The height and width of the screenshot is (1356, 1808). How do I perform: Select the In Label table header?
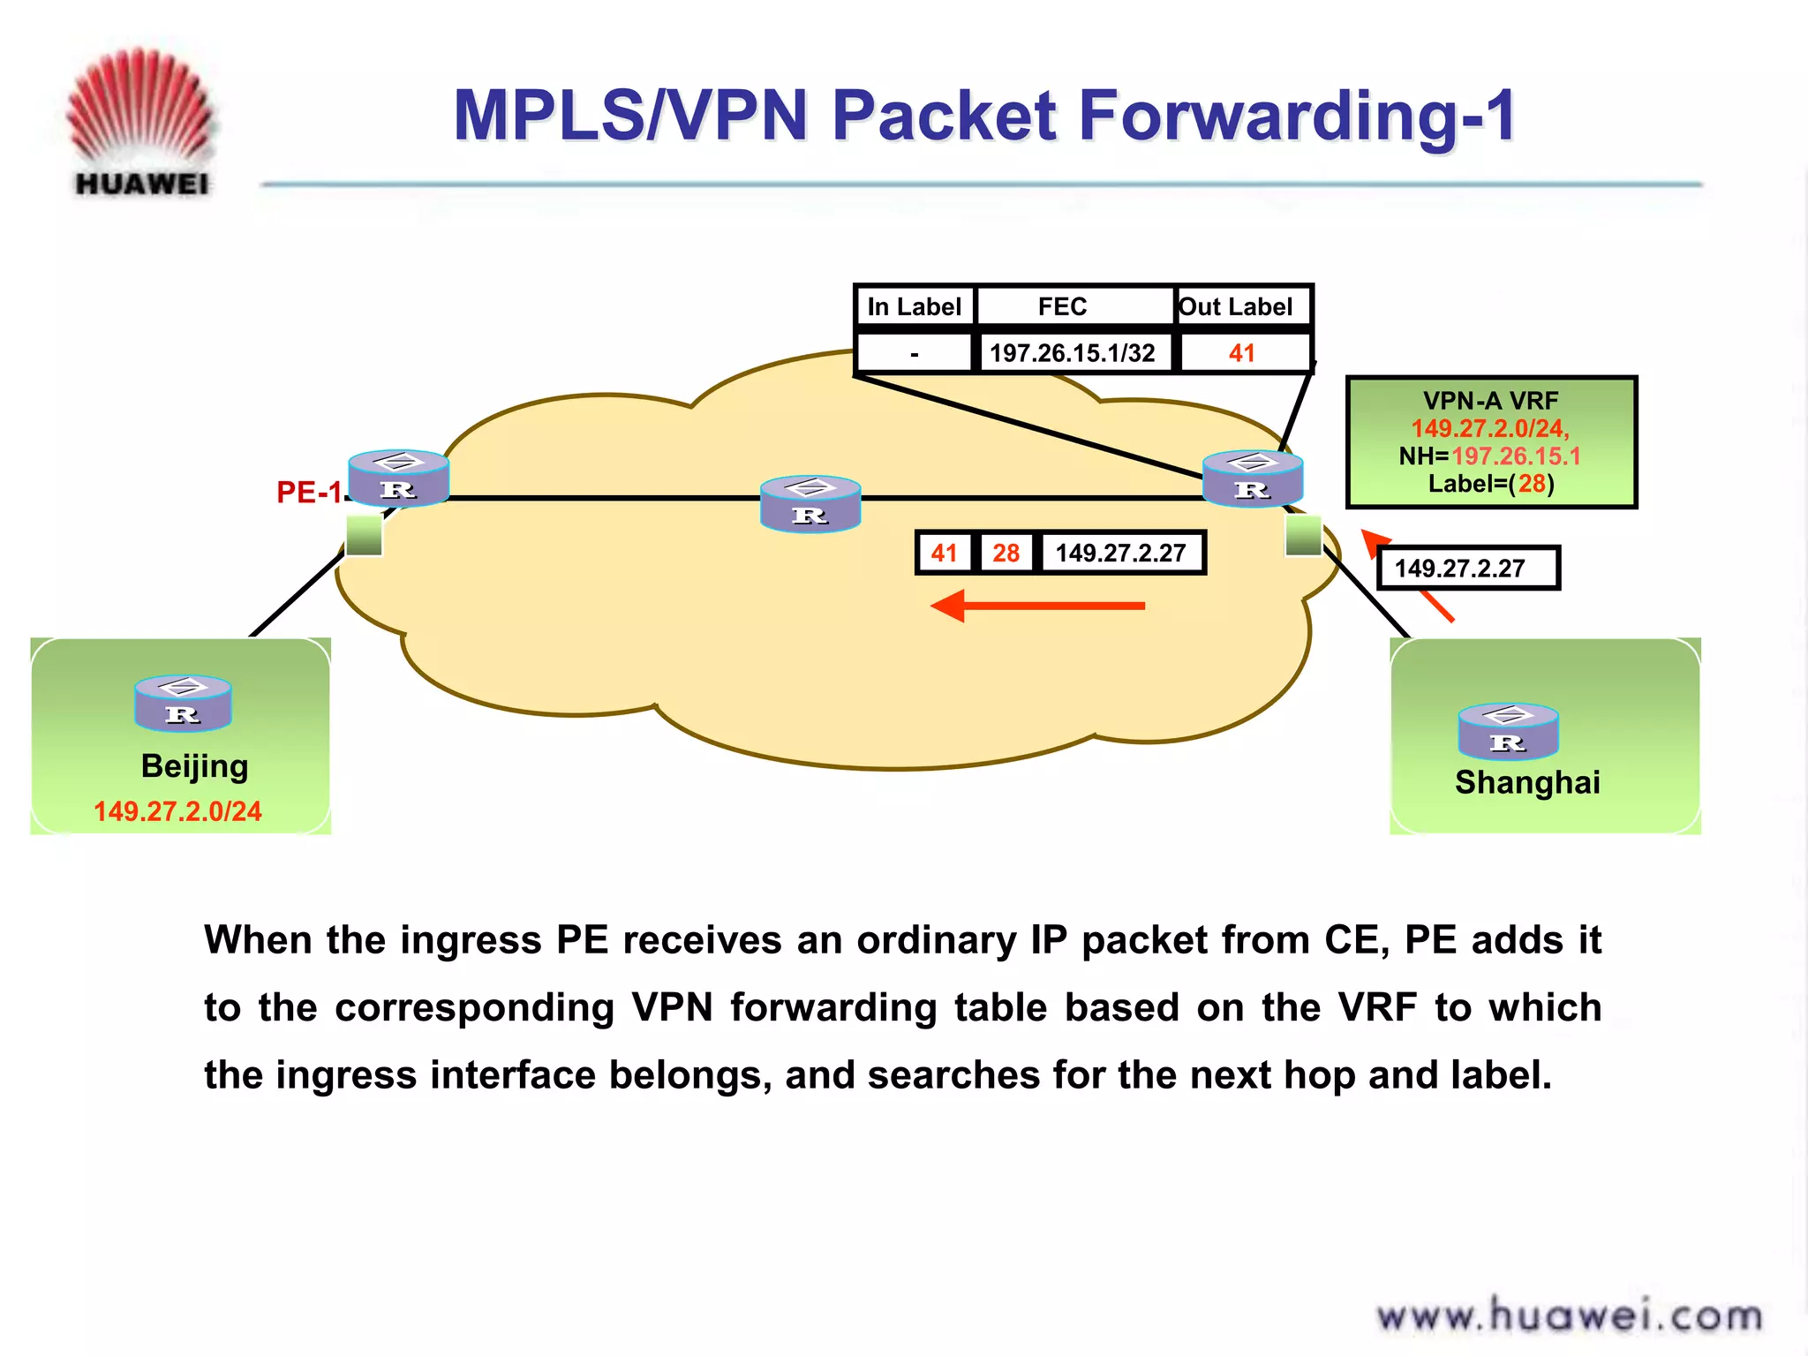tap(914, 306)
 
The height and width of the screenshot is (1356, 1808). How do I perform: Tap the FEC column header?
tap(1062, 306)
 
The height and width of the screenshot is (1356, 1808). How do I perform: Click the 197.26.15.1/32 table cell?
tap(1072, 353)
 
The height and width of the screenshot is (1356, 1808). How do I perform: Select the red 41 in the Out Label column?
tap(1241, 353)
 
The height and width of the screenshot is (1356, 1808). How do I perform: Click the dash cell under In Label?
tap(914, 353)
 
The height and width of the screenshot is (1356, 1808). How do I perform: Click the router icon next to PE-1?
tap(399, 478)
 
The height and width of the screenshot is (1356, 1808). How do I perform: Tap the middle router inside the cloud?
tap(810, 503)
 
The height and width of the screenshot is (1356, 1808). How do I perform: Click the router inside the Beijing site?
tap(183, 703)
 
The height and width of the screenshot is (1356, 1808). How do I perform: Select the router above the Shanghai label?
tap(1508, 731)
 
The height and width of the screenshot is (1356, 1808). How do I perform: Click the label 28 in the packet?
tap(1006, 553)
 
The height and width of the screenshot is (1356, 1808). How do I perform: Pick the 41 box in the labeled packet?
tap(944, 553)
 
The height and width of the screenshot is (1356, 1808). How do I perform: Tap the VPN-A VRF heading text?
tap(1490, 401)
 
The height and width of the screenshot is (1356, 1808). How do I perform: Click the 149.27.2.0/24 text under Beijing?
tap(177, 810)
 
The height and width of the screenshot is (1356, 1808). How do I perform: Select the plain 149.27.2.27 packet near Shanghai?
tap(1467, 568)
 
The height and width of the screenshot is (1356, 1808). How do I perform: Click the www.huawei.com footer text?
tap(1570, 1316)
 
